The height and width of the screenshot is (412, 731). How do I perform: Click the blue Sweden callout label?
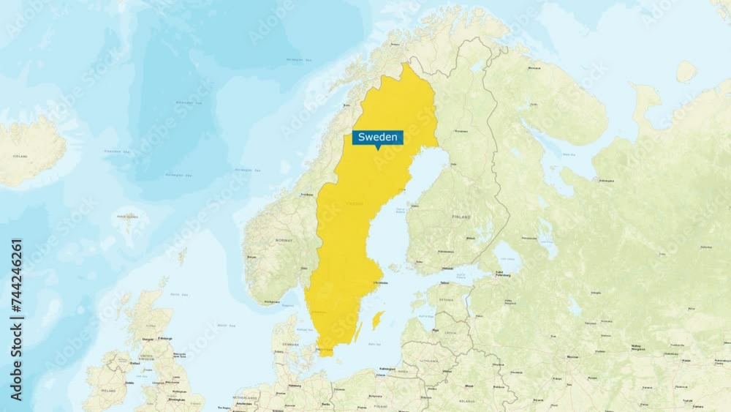(x=377, y=138)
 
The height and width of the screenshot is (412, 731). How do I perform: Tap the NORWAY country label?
(x=283, y=240)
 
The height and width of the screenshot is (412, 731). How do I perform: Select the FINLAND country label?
(x=461, y=217)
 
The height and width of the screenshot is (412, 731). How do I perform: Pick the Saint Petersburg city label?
(x=504, y=273)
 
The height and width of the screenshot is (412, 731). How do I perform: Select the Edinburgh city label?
(x=166, y=338)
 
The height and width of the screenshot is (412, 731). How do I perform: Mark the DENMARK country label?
(x=290, y=344)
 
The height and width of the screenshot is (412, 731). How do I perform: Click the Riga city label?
(x=436, y=330)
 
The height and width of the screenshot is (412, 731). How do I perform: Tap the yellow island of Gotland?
(x=378, y=319)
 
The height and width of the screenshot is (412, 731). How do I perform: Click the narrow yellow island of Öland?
(x=358, y=333)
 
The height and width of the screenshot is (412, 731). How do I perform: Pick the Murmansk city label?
(x=534, y=68)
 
